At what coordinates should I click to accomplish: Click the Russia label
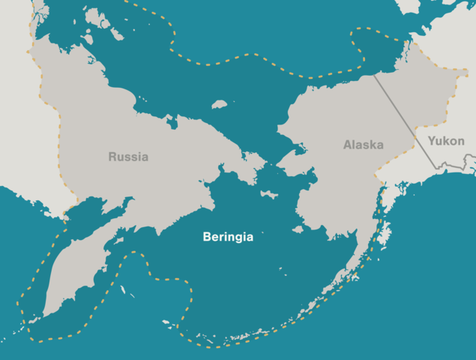point(128,157)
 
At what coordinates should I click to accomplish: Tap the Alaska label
point(364,145)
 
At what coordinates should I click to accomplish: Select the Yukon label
point(446,140)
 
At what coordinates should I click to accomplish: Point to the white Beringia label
point(228,237)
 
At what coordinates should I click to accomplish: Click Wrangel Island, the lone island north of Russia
point(220,104)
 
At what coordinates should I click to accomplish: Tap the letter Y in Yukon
point(431,140)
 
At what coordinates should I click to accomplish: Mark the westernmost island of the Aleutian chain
point(165,323)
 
